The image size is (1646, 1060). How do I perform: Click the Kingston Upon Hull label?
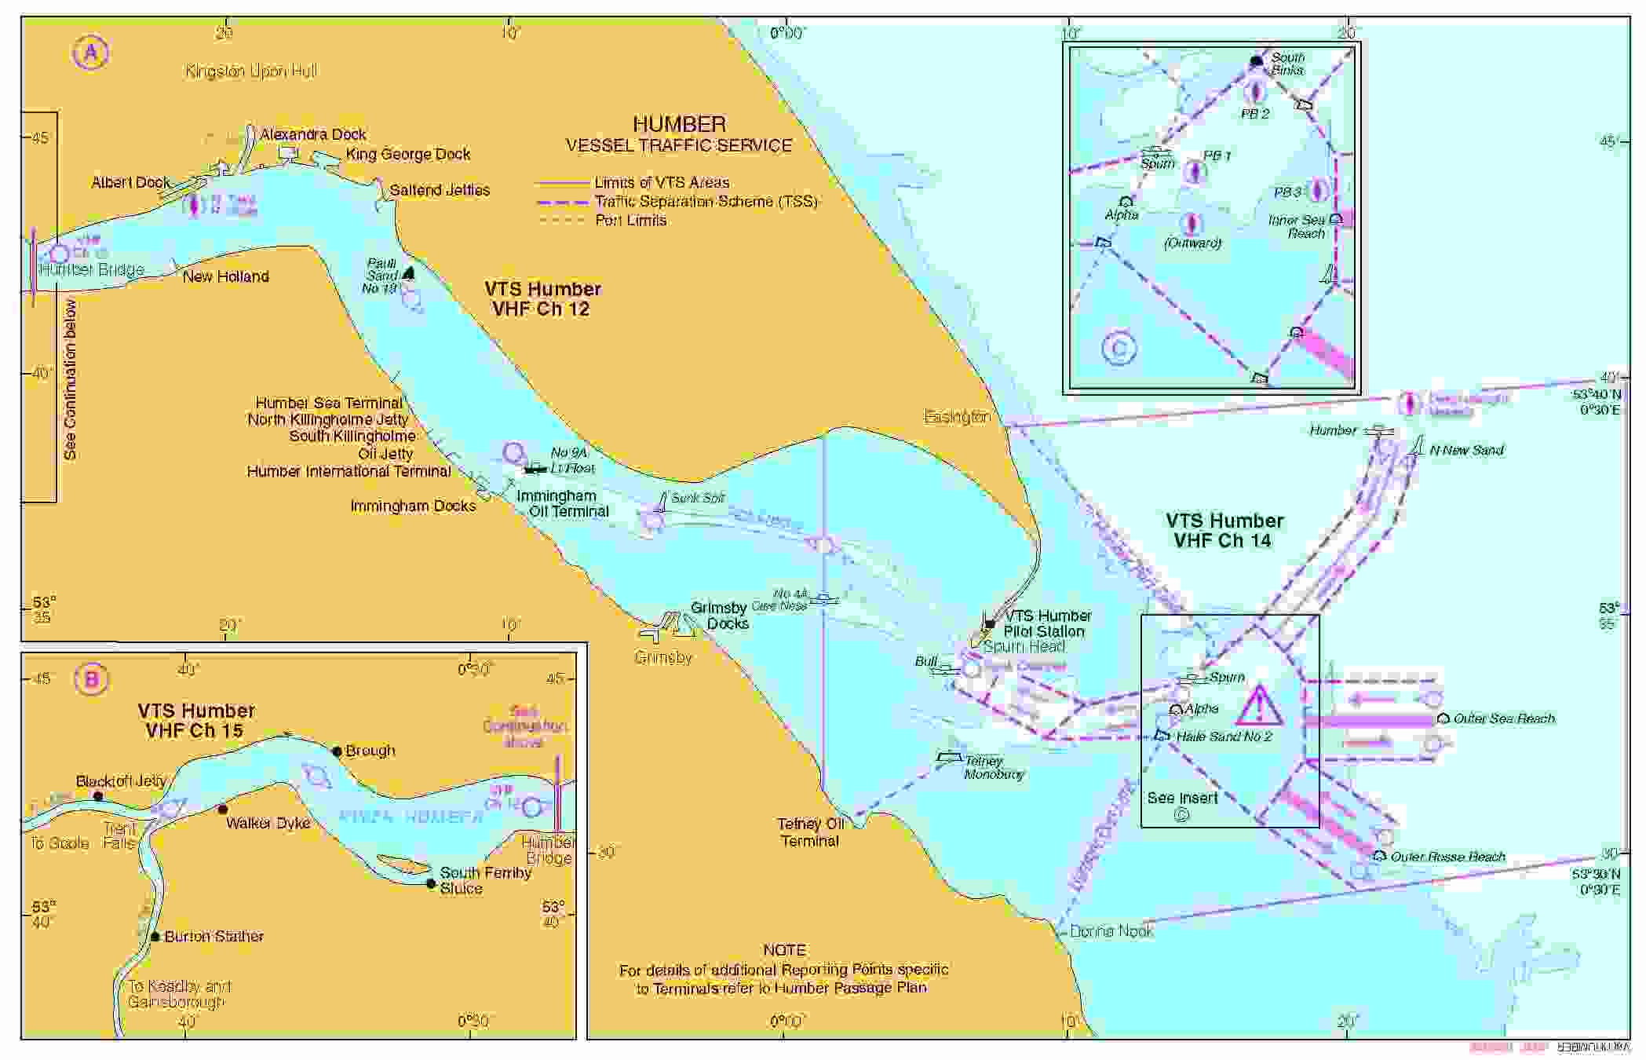(251, 71)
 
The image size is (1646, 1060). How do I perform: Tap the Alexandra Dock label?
(313, 134)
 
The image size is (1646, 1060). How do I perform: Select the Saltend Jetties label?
(440, 190)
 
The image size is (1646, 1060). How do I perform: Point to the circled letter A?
(91, 53)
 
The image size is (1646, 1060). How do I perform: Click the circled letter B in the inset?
(91, 678)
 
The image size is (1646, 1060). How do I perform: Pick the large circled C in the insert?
(1119, 349)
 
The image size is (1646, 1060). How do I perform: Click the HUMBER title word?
(679, 124)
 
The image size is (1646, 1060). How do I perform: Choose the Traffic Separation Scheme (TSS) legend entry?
(706, 202)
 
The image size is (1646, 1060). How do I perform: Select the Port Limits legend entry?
(630, 221)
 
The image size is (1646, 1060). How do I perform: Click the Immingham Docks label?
(413, 506)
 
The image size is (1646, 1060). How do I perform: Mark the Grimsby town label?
(662, 657)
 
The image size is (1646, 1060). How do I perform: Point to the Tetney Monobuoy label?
(994, 767)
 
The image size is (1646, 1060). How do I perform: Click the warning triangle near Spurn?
(1259, 705)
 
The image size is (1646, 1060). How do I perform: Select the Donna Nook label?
(1111, 931)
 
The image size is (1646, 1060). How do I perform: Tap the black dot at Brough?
(337, 751)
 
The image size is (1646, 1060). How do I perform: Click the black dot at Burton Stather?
(155, 937)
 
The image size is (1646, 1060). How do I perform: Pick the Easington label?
(957, 417)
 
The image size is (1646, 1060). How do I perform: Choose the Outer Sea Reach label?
(1503, 718)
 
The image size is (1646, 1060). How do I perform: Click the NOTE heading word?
(784, 950)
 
